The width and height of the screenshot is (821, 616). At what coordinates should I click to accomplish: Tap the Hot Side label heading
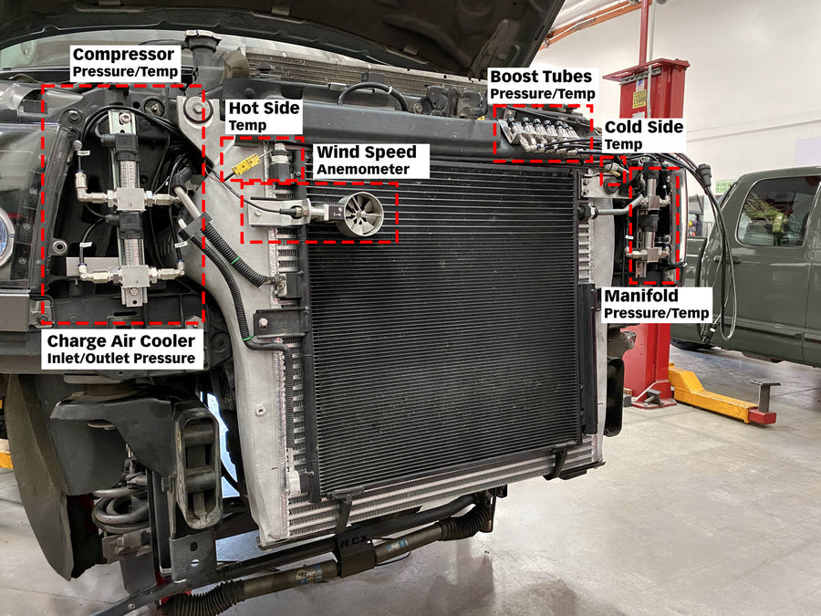coord(264,109)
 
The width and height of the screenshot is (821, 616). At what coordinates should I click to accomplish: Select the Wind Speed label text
coord(366,152)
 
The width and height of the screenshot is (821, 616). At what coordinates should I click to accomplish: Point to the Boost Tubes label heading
coord(540,77)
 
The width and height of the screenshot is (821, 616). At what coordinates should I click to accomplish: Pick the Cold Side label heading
coord(643,127)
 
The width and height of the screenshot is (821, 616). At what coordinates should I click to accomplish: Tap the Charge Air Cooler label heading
coord(120,340)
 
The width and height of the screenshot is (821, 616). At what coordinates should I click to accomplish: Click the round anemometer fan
coord(360,214)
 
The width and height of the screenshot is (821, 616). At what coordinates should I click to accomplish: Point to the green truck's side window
coord(776,211)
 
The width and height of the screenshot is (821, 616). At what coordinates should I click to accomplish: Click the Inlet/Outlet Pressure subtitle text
coord(120,359)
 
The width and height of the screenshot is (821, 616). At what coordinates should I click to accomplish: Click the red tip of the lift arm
coord(762,416)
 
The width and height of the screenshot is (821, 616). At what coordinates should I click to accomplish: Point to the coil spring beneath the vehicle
coord(119,506)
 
